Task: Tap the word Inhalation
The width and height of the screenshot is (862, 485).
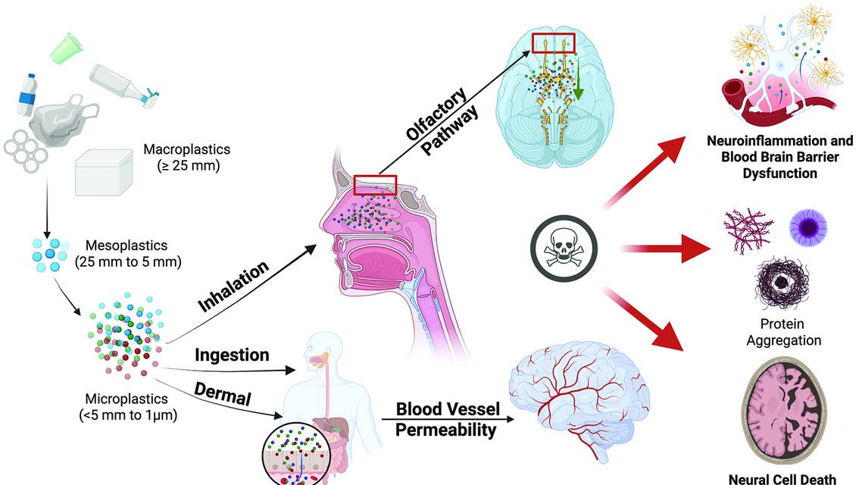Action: tap(234, 286)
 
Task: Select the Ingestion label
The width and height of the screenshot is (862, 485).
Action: tap(232, 355)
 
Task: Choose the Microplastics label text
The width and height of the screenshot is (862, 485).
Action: tap(128, 407)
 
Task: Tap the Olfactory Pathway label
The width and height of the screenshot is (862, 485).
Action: tap(442, 121)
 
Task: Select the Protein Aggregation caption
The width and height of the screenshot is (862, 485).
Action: tap(783, 333)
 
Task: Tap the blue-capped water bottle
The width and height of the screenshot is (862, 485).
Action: tap(29, 95)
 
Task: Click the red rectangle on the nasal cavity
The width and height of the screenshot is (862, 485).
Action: tap(375, 185)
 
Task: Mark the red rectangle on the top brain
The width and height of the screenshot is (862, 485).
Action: tap(554, 43)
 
